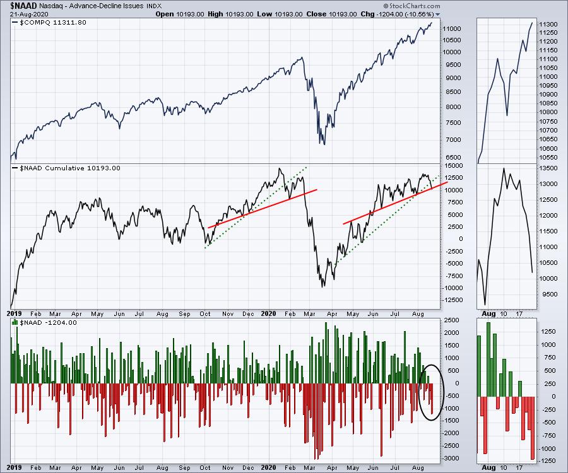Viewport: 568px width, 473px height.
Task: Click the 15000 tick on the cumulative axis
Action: click(453, 166)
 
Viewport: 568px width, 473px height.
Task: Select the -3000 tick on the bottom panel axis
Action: click(453, 458)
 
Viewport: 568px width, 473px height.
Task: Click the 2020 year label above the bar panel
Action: click(268, 313)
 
